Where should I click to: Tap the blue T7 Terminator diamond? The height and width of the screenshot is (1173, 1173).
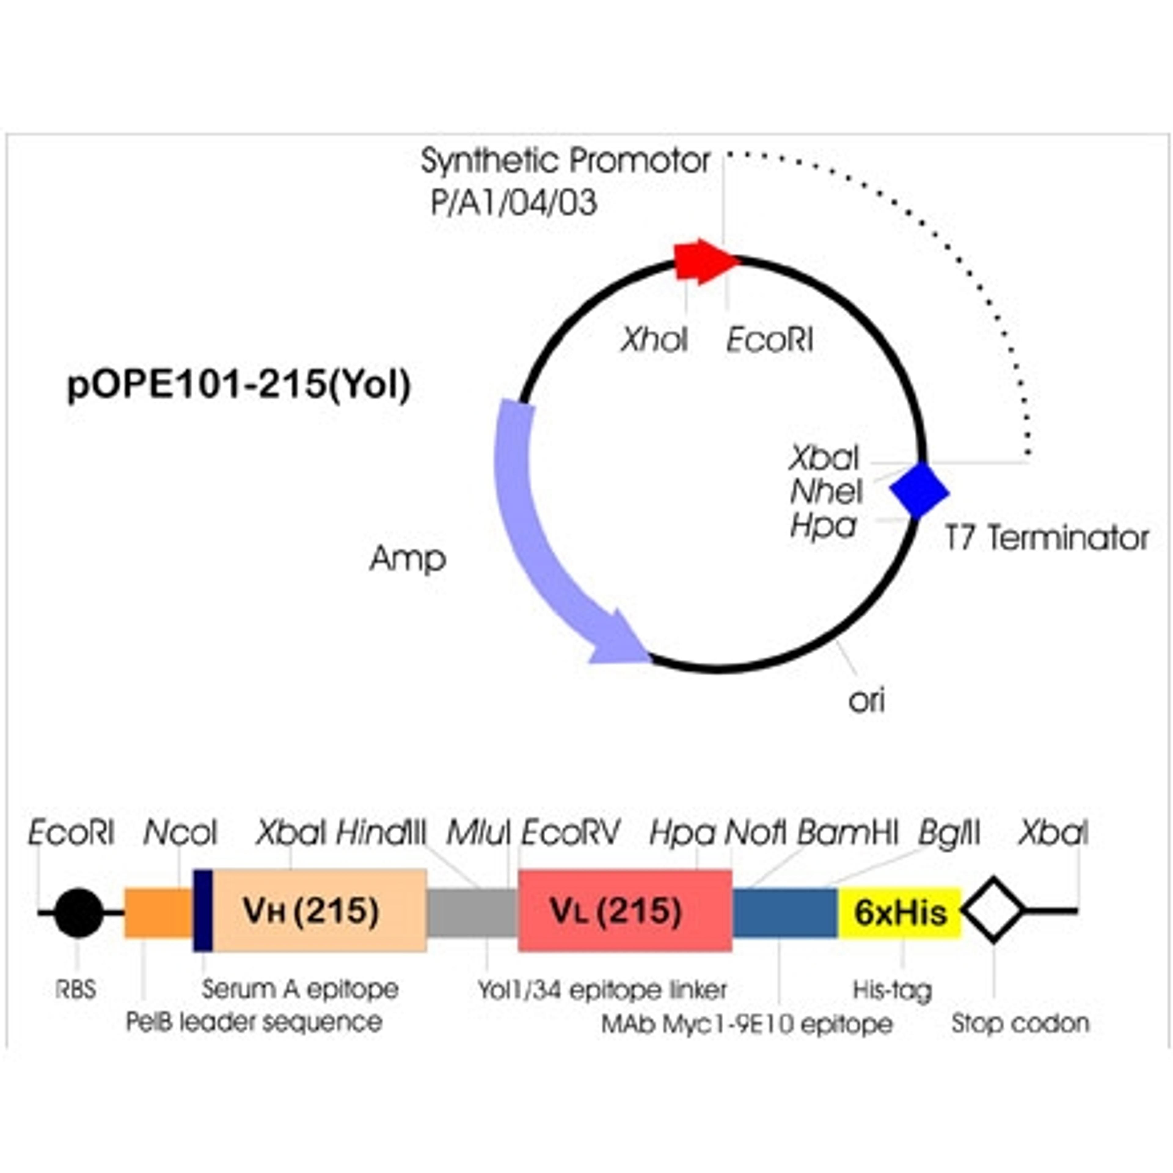click(919, 491)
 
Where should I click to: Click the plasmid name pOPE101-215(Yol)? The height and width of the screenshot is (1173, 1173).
click(239, 385)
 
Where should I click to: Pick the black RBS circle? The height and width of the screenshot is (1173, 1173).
click(78, 912)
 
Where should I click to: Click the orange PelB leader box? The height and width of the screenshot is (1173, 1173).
click(158, 912)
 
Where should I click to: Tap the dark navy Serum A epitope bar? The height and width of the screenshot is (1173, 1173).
click(203, 911)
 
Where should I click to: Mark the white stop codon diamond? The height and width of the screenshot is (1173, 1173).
click(993, 909)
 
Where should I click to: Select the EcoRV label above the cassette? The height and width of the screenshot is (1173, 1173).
click(570, 832)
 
